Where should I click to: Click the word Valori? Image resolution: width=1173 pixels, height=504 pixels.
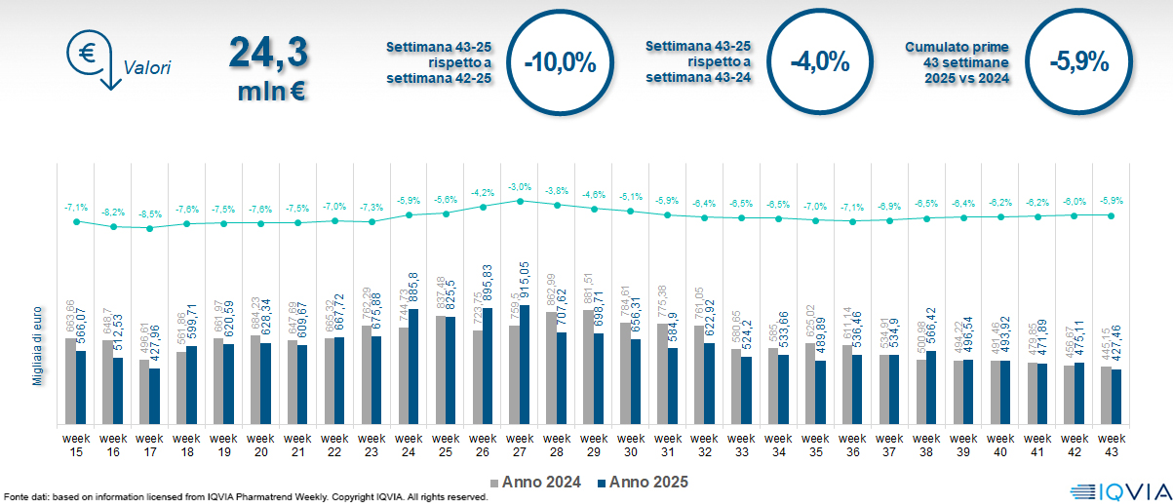[x=147, y=68]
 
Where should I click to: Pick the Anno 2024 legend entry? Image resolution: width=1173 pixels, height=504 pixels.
[x=538, y=482]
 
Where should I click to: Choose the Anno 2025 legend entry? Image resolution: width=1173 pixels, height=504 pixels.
[x=645, y=482]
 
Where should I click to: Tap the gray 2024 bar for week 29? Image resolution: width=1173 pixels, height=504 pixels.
[x=588, y=367]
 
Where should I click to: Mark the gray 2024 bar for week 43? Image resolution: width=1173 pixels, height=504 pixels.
[x=1107, y=395]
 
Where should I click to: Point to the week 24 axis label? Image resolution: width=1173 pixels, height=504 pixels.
[x=409, y=445]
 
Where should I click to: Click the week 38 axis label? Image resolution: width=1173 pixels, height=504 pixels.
[x=926, y=445]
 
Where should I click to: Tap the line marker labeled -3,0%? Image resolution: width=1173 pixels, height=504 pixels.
[x=520, y=201]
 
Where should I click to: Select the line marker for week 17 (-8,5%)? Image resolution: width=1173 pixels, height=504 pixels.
[x=150, y=228]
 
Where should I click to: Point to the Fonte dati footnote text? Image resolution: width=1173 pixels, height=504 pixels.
[x=244, y=497]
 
